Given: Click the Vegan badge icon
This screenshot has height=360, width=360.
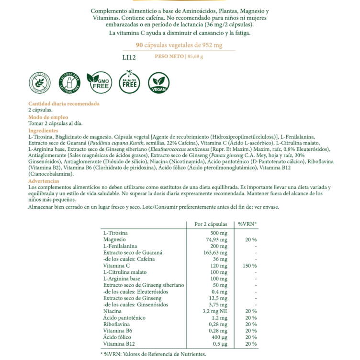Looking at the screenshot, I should pos(158,82).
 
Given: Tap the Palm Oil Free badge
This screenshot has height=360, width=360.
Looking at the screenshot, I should pos(129,82).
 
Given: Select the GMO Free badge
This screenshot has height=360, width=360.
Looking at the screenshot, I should pos(98,82).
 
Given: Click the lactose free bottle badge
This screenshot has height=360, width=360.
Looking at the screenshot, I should pos(68,82).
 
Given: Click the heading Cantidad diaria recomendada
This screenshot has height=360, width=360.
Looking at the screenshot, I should pos(64,103).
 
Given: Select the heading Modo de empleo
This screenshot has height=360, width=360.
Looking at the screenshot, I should pos(48,117).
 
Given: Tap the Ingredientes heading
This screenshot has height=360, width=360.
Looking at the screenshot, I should pos(43,131).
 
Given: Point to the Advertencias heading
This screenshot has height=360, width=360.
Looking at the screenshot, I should pos(44,181).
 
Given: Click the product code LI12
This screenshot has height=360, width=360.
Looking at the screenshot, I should pos(129,57).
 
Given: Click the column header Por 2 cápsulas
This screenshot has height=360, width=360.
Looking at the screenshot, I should pos(210,224).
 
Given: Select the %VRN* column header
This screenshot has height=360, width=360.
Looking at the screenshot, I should pos(247,224).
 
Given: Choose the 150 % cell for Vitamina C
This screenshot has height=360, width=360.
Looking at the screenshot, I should pos(250,265).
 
